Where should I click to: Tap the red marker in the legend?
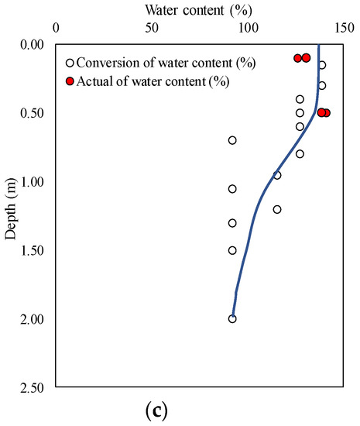(x=70, y=81)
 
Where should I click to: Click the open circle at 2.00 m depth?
(x=232, y=318)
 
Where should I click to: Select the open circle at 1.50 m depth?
(x=232, y=250)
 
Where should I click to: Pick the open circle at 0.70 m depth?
(x=232, y=140)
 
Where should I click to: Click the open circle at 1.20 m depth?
(x=277, y=209)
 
